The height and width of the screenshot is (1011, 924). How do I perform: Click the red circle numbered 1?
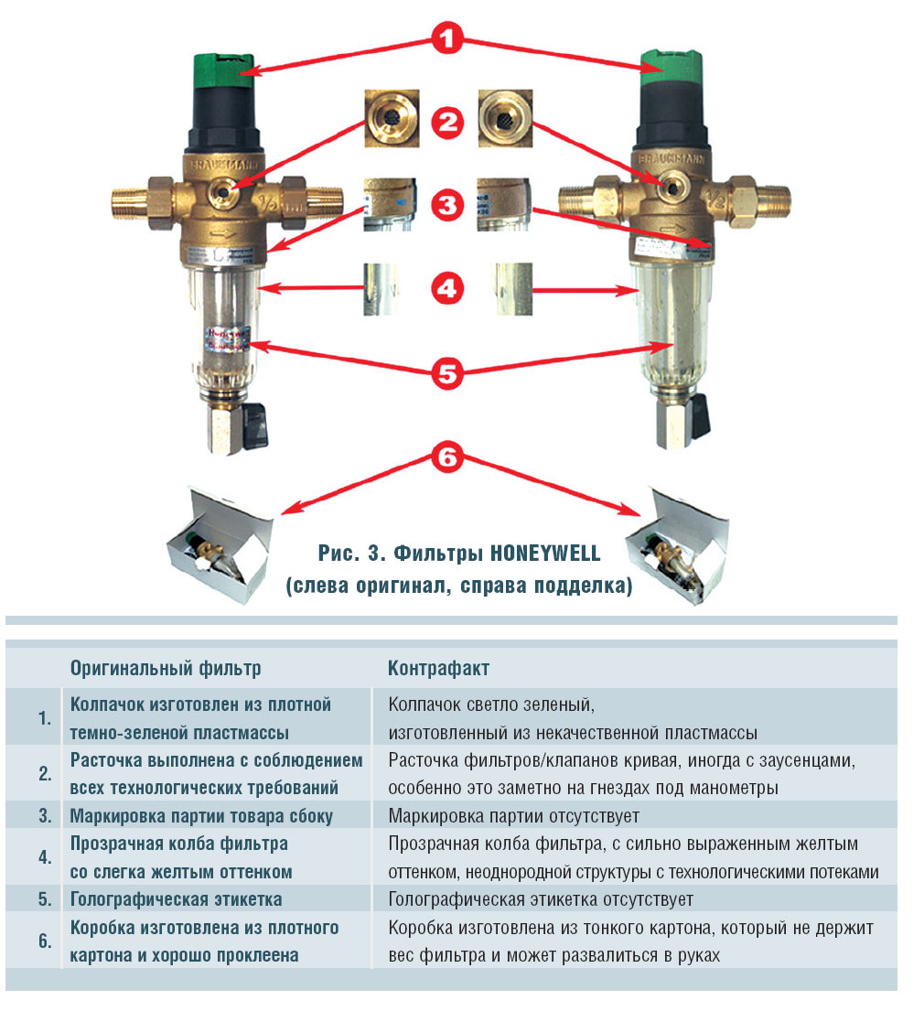point(448,41)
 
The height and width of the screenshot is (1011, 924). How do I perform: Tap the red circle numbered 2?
point(448,123)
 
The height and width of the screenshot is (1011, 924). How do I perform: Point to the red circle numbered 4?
point(448,290)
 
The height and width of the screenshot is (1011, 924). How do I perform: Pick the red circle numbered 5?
point(448,373)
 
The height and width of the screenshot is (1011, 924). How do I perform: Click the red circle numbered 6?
point(448,457)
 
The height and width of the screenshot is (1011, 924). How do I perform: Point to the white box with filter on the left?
point(218,542)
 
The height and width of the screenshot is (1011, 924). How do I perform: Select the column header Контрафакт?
point(438,668)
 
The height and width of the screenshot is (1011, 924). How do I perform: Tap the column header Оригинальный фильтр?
point(166,668)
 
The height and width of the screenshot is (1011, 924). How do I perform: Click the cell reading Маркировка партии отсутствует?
point(513,815)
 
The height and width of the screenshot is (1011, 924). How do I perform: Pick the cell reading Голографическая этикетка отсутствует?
point(541,899)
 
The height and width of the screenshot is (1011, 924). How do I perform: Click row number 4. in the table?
point(45,857)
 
